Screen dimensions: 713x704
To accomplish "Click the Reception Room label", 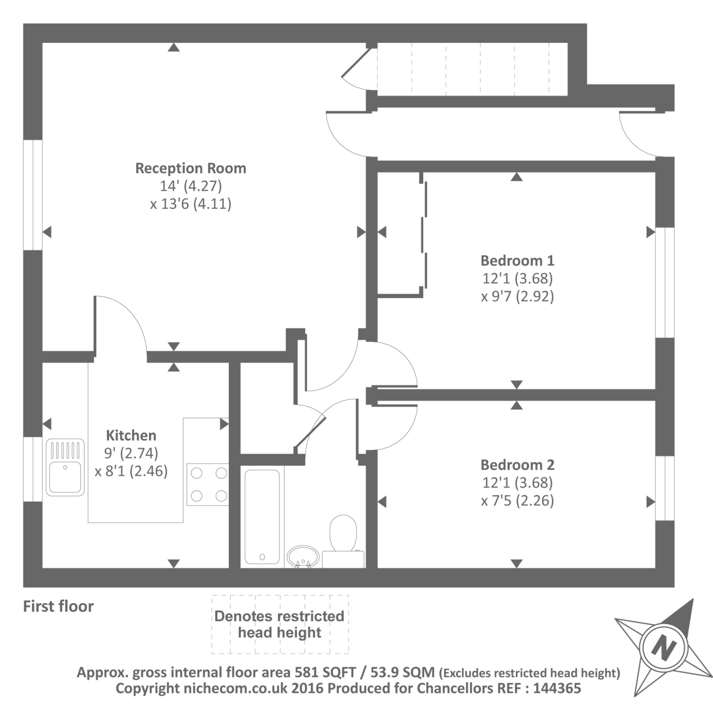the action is coord(191,168).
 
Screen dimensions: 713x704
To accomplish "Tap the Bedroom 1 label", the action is coord(517,260).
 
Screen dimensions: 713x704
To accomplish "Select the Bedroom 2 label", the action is coord(517,465).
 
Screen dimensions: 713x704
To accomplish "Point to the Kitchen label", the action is coord(131,435).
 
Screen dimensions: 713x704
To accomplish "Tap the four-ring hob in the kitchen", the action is coord(208,484).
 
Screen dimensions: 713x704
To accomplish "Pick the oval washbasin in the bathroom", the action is coord(303,556).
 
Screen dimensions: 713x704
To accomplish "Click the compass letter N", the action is coord(664,647).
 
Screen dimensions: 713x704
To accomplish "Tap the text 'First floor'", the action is coord(58,606).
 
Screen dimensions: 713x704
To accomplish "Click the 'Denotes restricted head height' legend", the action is coord(279,624).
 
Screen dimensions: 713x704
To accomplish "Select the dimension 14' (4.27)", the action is coord(191,187).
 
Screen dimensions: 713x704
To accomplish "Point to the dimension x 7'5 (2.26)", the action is coord(517,501).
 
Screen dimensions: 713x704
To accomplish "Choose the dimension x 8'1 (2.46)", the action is coord(131,471).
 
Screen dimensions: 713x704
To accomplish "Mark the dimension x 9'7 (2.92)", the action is coord(517,296).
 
